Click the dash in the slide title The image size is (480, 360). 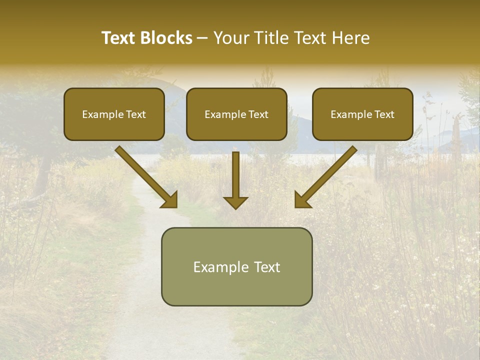(202, 38)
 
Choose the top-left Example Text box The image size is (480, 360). (114, 114)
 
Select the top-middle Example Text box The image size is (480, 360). (236, 114)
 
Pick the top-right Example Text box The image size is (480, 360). (362, 114)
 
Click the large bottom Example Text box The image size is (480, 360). (236, 266)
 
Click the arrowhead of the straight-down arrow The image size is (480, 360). (235, 201)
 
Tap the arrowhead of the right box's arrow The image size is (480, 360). (302, 199)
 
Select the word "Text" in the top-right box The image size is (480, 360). (384, 114)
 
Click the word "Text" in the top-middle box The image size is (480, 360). (258, 114)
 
